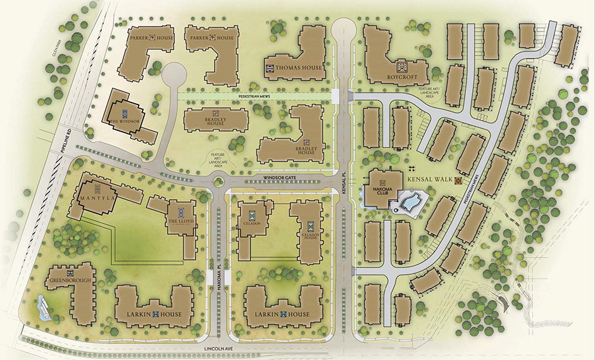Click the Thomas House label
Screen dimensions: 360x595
click(295, 68)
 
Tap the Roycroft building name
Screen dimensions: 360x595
click(401, 77)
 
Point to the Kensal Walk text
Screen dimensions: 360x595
click(429, 180)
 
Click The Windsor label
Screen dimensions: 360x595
click(122, 121)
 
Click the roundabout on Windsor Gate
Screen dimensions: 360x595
click(218, 182)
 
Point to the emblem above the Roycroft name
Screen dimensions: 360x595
click(401, 66)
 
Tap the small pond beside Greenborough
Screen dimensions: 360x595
click(42, 307)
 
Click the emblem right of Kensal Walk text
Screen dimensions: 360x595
click(458, 180)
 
